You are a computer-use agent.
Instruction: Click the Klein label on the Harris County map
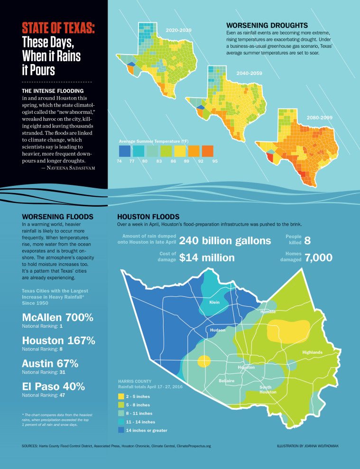coord(215,302)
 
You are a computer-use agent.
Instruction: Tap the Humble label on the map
coord(268,312)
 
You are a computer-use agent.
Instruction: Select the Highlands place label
coord(312,352)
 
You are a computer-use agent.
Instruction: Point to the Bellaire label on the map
coord(227,381)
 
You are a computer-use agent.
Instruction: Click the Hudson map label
coord(218,330)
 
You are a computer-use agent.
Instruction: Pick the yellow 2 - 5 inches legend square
coord(121,396)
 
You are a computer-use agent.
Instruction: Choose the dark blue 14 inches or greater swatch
coord(121,430)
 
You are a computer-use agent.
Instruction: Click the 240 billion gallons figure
coord(225,240)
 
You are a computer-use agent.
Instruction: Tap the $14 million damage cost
coord(207,257)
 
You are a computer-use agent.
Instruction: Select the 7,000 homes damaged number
coord(318,257)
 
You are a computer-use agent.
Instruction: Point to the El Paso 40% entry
coord(53,386)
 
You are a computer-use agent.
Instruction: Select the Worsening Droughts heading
coord(267,25)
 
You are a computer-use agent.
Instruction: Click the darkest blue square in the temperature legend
coord(125,151)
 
